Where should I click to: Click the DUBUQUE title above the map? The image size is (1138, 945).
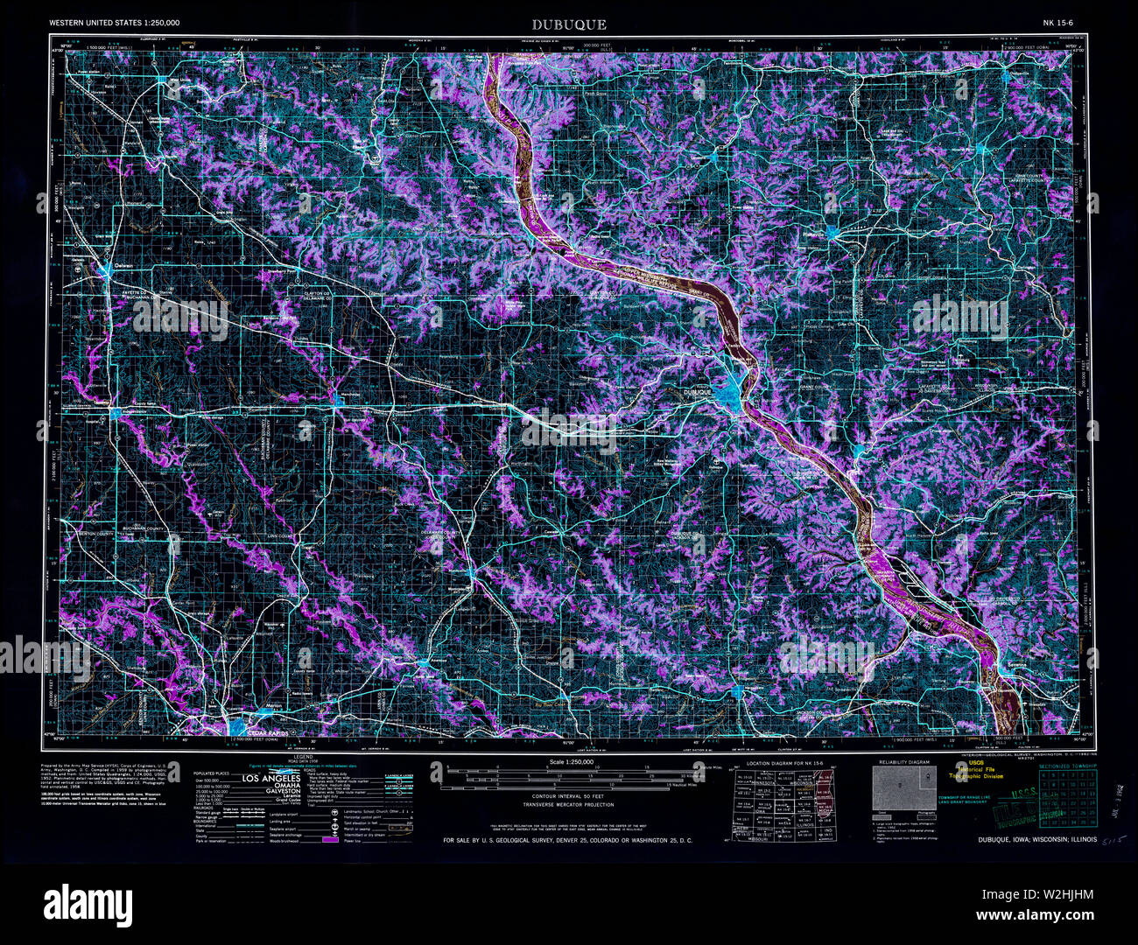(569, 24)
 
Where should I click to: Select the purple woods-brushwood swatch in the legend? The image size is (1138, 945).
(330, 839)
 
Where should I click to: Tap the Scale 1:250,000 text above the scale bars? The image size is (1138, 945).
(569, 763)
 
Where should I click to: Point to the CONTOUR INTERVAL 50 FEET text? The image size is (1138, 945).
(569, 795)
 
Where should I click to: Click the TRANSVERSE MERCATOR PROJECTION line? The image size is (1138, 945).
(569, 804)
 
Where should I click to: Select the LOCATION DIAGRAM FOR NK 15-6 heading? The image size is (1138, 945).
(776, 763)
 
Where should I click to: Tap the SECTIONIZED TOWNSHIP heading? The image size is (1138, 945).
(1066, 766)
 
